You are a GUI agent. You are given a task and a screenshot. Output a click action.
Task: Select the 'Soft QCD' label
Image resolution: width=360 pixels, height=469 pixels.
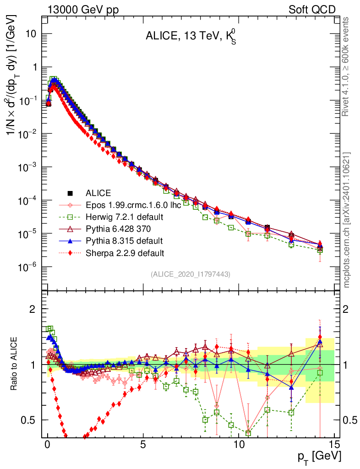312,9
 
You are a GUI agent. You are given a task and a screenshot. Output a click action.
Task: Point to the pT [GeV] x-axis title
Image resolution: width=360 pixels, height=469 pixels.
320,456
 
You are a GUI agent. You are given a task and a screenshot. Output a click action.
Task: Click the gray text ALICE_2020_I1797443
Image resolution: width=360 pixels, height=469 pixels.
190,274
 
